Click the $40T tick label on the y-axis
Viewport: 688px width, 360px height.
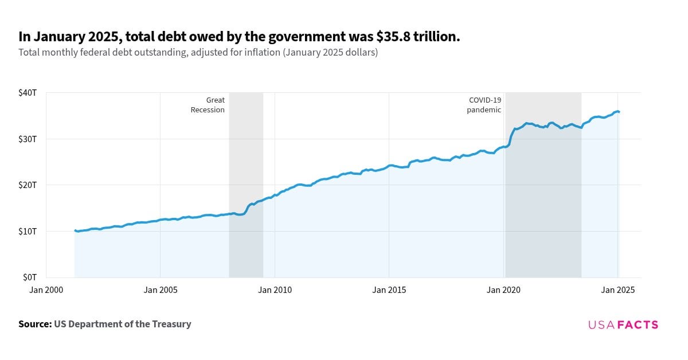pyautogui.click(x=28, y=92)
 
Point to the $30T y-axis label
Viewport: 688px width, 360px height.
pyautogui.click(x=28, y=139)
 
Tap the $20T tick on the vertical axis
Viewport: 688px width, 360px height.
pyautogui.click(x=28, y=185)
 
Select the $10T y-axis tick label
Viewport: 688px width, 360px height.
pyautogui.click(x=28, y=231)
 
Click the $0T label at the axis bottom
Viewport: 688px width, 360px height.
pyautogui.click(x=30, y=277)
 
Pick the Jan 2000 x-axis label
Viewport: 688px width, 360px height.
pyautogui.click(x=46, y=290)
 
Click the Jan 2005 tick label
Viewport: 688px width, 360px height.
pyautogui.click(x=160, y=290)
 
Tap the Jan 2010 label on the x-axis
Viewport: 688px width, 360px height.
pyautogui.click(x=275, y=290)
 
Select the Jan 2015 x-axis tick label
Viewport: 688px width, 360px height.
pyautogui.click(x=389, y=290)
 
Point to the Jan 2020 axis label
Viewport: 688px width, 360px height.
pyautogui.click(x=503, y=290)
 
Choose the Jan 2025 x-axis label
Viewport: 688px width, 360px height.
pyautogui.click(x=617, y=290)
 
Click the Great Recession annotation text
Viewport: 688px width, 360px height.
pyautogui.click(x=208, y=105)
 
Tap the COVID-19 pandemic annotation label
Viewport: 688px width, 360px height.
pyautogui.click(x=484, y=105)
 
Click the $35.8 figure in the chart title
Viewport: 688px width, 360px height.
pyautogui.click(x=394, y=37)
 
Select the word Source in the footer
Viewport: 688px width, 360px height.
pyautogui.click(x=34, y=324)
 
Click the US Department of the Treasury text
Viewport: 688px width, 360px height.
pyautogui.click(x=123, y=324)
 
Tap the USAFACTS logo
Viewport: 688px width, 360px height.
pyautogui.click(x=623, y=324)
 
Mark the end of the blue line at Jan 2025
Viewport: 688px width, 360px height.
pyautogui.click(x=619, y=112)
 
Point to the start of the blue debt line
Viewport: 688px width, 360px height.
pyautogui.click(x=75, y=230)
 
